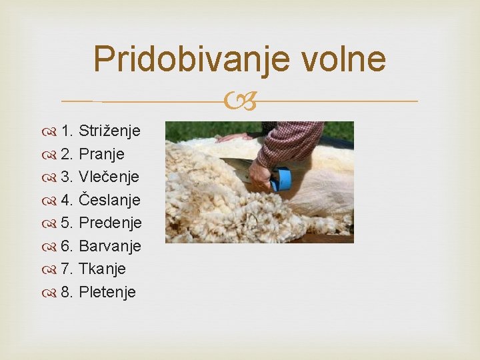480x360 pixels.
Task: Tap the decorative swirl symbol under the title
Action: pyautogui.click(x=240, y=101)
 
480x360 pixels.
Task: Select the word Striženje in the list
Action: pyautogui.click(x=109, y=130)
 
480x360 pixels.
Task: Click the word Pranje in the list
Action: pyautogui.click(x=102, y=153)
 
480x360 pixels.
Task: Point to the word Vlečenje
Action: pyautogui.click(x=109, y=177)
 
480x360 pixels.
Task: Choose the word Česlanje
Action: pyautogui.click(x=109, y=199)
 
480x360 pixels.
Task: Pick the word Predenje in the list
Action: pyautogui.click(x=110, y=223)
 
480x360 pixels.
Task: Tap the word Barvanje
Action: pyautogui.click(x=110, y=246)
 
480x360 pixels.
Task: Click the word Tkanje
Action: pyautogui.click(x=102, y=269)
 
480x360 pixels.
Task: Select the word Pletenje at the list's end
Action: pyautogui.click(x=107, y=292)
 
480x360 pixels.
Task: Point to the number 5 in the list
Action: pyautogui.click(x=66, y=223)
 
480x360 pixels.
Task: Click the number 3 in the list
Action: pyautogui.click(x=66, y=177)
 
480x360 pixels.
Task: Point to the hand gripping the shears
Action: pyautogui.click(x=261, y=177)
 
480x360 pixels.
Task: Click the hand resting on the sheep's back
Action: pyautogui.click(x=233, y=137)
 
